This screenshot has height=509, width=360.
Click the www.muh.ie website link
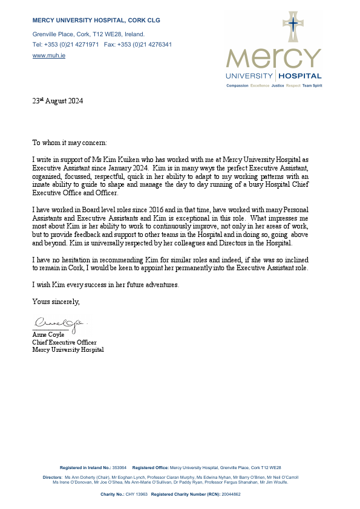coord(49,55)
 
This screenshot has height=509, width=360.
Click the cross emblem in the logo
coord(293,26)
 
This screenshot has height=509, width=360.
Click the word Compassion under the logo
coord(238,86)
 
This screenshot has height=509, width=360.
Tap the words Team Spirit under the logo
coord(312,86)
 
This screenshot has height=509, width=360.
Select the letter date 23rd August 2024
coord(57,102)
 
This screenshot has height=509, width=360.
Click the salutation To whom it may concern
coord(70,143)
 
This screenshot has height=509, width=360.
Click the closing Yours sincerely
coord(56,300)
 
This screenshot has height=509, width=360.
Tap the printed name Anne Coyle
coord(48,334)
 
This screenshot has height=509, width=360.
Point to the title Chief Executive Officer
coord(64,342)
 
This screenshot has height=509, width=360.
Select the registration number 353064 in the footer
coord(119,468)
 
